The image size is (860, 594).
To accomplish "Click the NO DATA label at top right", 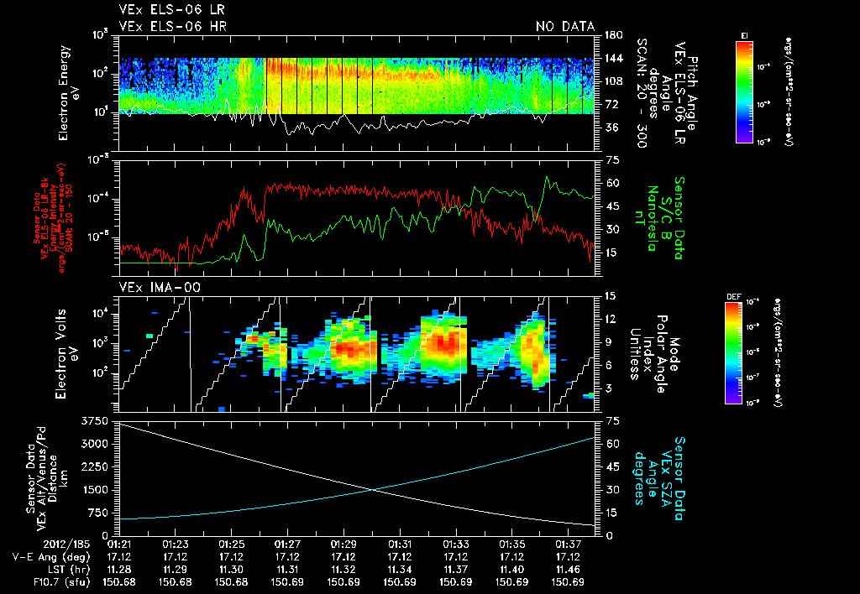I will point(565,27).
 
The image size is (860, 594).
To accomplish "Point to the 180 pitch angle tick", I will point(613,35).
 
